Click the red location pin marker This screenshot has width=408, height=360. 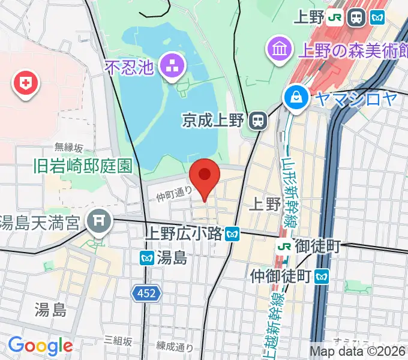205,176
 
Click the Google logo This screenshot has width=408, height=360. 40,346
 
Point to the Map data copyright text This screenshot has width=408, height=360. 358,352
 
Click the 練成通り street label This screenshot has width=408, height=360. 175,346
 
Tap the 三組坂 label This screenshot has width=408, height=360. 118,340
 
